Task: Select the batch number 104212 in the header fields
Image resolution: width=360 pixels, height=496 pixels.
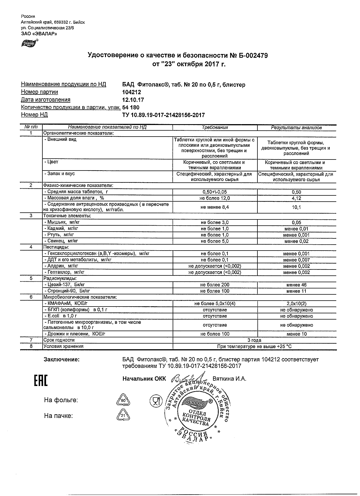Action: coord(131,92)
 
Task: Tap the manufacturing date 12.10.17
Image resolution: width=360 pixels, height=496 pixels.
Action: coord(133,100)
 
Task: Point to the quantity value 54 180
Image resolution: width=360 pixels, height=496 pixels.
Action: coord(131,107)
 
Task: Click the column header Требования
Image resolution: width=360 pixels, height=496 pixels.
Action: coord(215,128)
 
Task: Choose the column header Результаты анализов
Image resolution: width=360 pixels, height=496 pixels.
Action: coord(296,128)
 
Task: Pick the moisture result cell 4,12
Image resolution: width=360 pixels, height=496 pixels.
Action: coord(296,198)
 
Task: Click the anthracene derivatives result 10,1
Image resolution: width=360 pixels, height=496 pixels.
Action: coord(296,207)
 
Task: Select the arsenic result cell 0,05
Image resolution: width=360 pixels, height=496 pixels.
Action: coord(296,223)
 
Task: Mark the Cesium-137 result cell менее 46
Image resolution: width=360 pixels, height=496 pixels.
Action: coord(296,285)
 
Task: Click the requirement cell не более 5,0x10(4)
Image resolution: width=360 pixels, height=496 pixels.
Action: coord(215,304)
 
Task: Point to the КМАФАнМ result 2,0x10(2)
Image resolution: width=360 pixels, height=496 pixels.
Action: coord(296,304)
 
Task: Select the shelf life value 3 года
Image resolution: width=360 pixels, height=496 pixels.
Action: coord(254,340)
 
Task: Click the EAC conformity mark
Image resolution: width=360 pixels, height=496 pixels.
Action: coord(41,381)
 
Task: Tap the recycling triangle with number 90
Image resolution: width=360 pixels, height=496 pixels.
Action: coord(123,400)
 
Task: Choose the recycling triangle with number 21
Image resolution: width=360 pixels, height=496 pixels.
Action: coord(123,416)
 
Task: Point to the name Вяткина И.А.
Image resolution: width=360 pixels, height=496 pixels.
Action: coord(229,379)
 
